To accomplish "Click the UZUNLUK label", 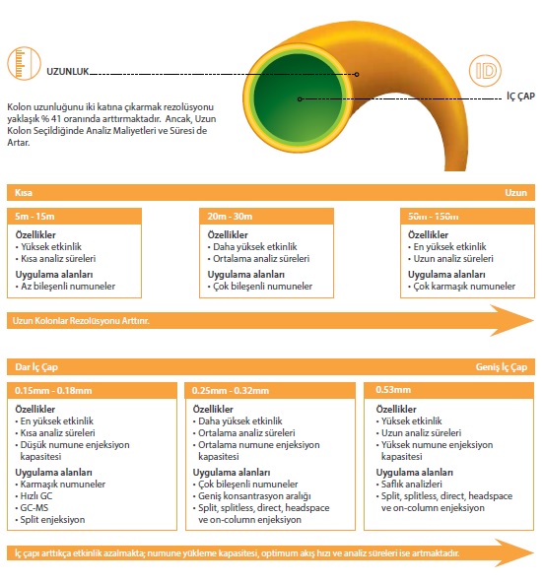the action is [68, 71].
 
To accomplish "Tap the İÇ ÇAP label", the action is [520, 97].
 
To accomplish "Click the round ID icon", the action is [485, 71].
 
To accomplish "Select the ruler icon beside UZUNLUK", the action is [24, 63].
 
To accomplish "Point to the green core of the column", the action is [298, 98].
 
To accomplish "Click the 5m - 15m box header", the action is [74, 216].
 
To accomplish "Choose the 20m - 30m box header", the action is [266, 216].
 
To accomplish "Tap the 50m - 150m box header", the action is [467, 216].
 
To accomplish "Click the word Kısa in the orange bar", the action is [24, 193].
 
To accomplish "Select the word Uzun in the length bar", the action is [515, 193].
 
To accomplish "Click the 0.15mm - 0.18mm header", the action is [92, 391].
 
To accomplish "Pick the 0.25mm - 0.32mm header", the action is [270, 391].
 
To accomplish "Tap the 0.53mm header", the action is [448, 390].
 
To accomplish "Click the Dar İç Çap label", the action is [36, 367].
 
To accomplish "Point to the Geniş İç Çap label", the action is [502, 367].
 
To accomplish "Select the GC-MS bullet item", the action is [33, 507].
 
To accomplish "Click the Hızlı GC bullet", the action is [34, 496].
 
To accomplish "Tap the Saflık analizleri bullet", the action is [409, 484].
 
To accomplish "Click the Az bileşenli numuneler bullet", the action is [65, 287].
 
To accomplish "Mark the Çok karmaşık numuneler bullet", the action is [461, 287].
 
